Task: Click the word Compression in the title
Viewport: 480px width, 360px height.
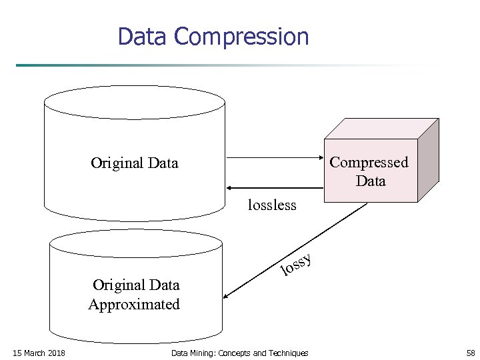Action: (241, 37)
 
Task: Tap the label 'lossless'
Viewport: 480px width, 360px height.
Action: (272, 205)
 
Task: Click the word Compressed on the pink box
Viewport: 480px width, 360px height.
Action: (369, 162)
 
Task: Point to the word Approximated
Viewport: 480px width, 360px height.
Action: (134, 305)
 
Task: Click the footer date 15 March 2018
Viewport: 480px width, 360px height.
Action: (39, 353)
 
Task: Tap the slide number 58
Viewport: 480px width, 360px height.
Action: (471, 353)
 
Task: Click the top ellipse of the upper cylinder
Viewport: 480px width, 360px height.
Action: (134, 103)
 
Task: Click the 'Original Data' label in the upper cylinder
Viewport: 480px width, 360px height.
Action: (135, 163)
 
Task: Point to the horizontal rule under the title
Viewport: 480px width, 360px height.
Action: (227, 65)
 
